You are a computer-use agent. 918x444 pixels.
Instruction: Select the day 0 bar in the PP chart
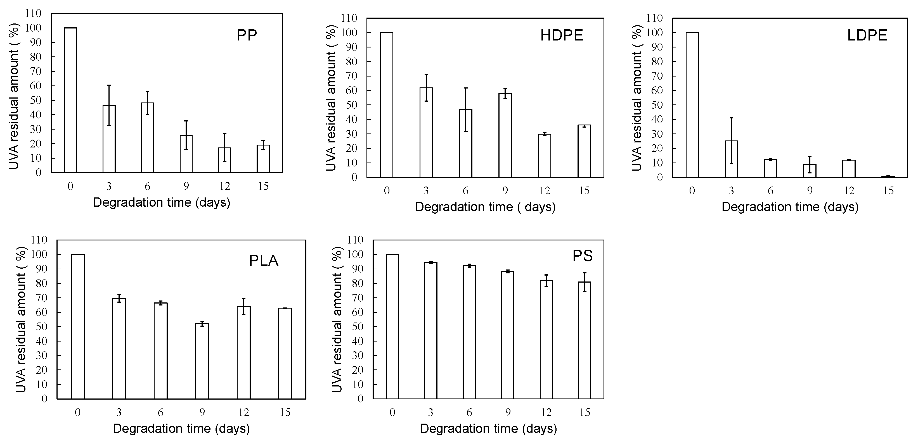coord(70,100)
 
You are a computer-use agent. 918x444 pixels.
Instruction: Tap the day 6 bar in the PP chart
coord(148,138)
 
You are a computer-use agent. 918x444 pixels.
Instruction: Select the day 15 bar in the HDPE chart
coord(584,151)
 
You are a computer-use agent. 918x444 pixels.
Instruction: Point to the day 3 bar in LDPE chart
coord(731,159)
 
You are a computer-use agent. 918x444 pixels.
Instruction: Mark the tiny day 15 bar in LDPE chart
coord(888,176)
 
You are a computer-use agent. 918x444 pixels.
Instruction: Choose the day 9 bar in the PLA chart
coord(202,361)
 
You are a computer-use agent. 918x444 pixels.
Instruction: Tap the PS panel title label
coord(582,256)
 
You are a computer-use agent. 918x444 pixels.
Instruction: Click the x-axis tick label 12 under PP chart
coord(224,186)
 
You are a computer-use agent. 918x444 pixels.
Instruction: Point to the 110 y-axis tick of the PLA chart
coord(39,240)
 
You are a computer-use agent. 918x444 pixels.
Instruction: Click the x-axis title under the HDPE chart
coord(485,207)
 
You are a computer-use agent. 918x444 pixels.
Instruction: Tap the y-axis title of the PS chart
coord(337,319)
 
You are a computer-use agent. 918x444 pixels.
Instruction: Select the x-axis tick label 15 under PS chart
coord(585,412)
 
